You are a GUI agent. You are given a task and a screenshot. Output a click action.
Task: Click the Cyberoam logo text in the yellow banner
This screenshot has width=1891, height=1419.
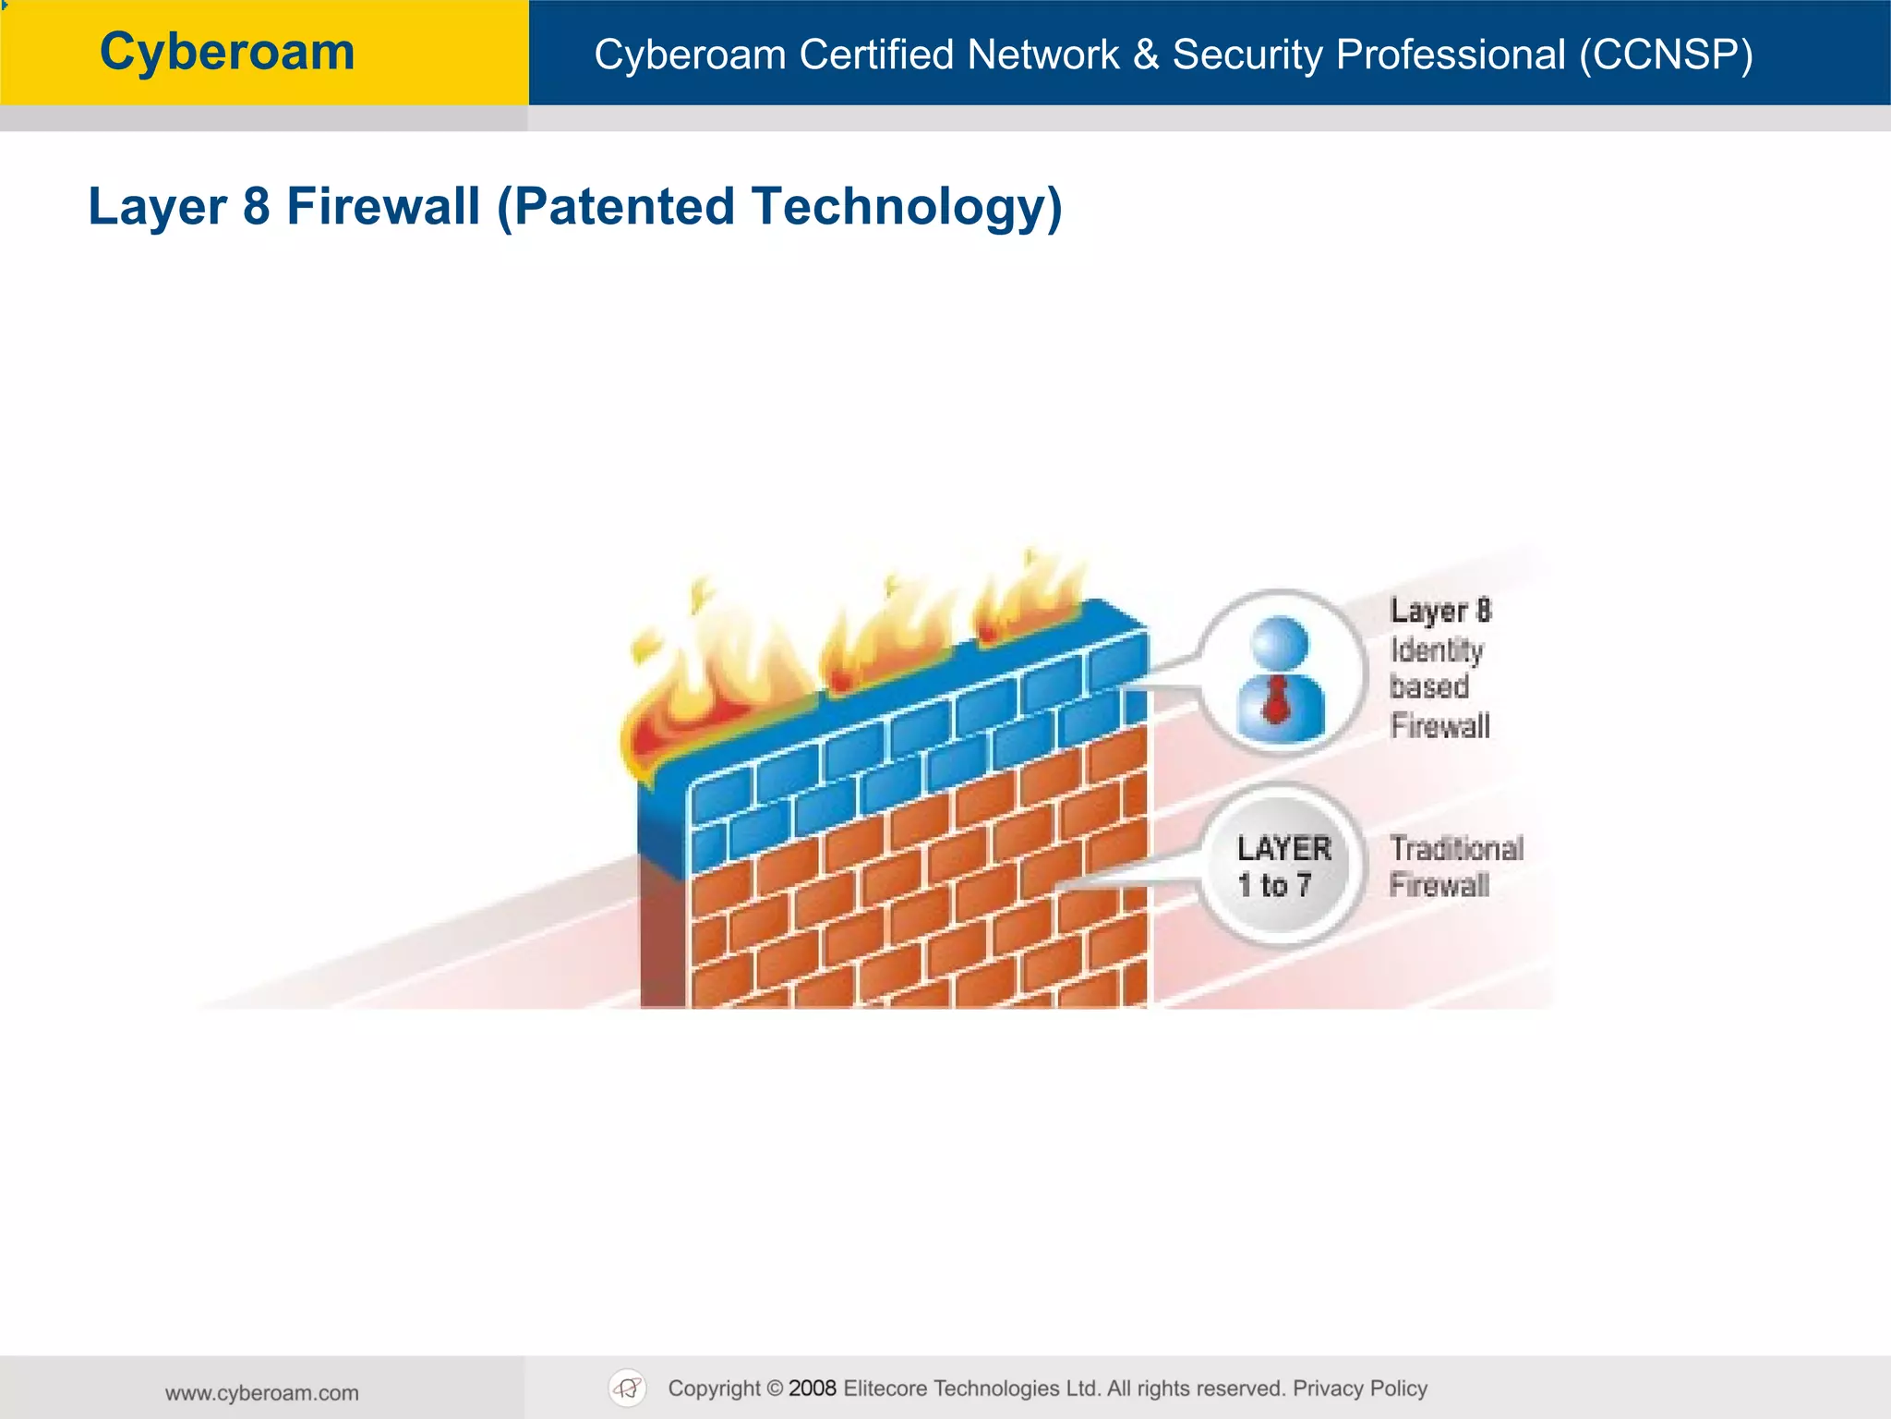tap(227, 52)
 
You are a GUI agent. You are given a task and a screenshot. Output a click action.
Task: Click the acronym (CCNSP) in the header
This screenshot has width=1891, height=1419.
tap(1666, 55)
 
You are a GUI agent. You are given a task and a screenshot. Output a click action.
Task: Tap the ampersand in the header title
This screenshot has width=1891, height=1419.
tap(1145, 55)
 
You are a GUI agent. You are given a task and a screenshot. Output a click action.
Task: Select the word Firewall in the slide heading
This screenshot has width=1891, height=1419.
tap(383, 206)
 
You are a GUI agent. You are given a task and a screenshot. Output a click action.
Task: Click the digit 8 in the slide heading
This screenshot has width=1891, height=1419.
tap(257, 206)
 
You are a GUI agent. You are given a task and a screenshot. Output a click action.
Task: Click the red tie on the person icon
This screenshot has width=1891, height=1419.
tap(1275, 699)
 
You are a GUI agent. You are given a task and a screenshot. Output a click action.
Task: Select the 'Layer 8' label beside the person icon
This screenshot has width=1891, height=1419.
tap(1440, 611)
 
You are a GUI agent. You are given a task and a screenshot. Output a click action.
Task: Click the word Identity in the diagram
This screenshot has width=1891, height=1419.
tap(1437, 650)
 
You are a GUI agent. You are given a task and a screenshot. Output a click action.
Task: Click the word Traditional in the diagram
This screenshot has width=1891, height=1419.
tap(1456, 848)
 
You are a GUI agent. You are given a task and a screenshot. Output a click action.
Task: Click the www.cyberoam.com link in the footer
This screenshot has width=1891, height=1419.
tap(262, 1393)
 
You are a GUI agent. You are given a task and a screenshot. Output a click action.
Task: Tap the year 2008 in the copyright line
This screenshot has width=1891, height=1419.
tap(812, 1389)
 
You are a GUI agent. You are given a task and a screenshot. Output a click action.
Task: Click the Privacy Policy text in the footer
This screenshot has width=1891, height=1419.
tap(1359, 1389)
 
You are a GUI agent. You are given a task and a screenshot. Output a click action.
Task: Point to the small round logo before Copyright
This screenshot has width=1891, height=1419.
tap(628, 1388)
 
